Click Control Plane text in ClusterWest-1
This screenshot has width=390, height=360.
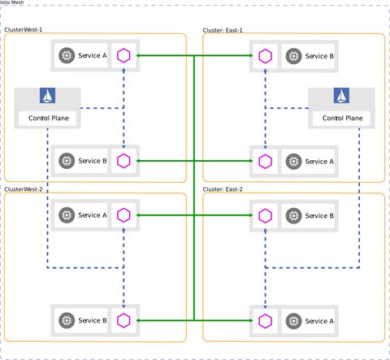tap(47, 118)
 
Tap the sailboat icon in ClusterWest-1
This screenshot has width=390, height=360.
tap(47, 97)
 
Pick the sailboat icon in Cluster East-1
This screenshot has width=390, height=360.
tap(340, 97)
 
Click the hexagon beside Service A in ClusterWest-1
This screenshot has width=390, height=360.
tap(123, 56)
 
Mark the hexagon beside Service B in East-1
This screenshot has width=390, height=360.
tap(265, 56)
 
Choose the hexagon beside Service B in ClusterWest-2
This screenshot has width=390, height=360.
tap(123, 321)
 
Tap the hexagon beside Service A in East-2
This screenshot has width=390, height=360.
tap(265, 321)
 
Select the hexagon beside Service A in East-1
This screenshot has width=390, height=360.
tap(265, 161)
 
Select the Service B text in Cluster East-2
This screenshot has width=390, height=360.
tap(318, 215)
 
